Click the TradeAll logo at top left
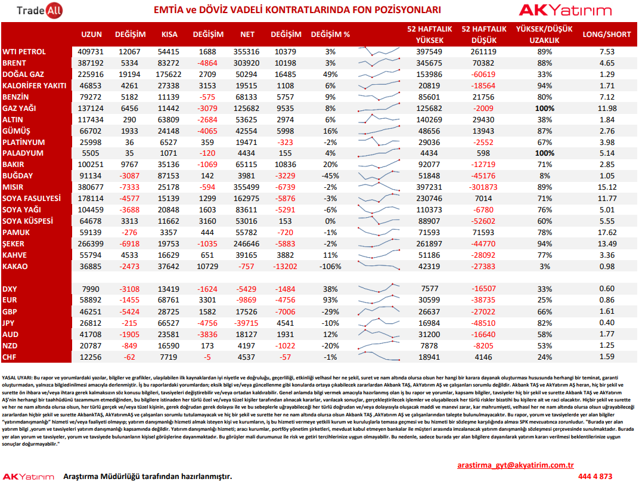(x=39, y=11)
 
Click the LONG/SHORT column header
(x=606, y=35)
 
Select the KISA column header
(x=169, y=35)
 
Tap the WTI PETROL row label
(x=24, y=52)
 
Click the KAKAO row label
(x=15, y=266)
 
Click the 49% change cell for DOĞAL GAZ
(x=330, y=74)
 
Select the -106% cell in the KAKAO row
(x=330, y=266)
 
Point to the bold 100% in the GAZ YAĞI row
(x=544, y=109)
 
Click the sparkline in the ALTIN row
(x=379, y=119)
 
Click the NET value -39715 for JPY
(x=247, y=323)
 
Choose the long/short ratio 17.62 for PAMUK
(x=607, y=233)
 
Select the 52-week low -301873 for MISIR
(x=483, y=187)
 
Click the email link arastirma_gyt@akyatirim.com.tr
(x=516, y=465)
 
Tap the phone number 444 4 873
(x=595, y=476)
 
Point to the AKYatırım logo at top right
(x=565, y=10)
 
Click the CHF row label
(x=10, y=357)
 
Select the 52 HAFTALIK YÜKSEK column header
(x=430, y=35)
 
